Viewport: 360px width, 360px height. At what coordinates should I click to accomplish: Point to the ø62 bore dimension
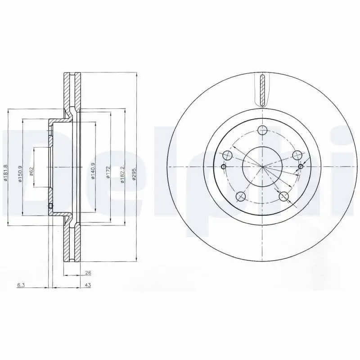(x=32, y=172)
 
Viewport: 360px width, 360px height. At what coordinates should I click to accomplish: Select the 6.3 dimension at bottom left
(x=21, y=285)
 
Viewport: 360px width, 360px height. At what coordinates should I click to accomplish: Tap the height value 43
(x=88, y=285)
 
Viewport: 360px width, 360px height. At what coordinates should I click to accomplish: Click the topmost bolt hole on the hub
(x=262, y=131)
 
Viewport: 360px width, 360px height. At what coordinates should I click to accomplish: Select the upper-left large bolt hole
(x=228, y=156)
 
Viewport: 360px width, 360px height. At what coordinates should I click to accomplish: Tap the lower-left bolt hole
(x=241, y=196)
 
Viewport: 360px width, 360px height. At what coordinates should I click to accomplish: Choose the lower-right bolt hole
(x=283, y=196)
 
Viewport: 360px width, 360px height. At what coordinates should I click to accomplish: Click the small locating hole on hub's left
(x=224, y=166)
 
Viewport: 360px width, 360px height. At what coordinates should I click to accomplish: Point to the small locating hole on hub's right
(x=301, y=167)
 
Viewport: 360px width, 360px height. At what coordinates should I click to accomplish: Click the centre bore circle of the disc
(x=262, y=166)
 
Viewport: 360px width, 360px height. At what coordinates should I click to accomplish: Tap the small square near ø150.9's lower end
(x=50, y=207)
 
